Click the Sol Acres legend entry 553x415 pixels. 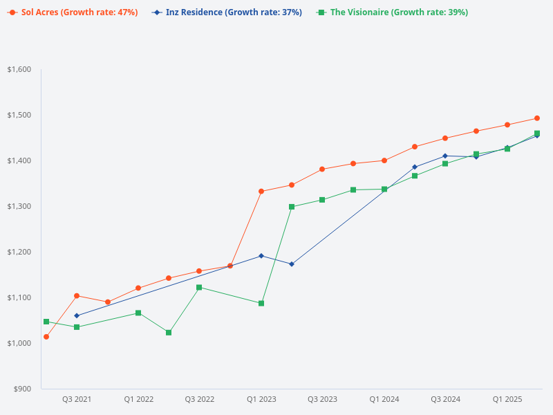73,12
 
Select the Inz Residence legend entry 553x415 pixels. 228,12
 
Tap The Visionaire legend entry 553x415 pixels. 392,12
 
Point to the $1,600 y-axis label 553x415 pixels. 19,69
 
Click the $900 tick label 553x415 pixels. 22,389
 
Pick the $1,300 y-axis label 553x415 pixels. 19,206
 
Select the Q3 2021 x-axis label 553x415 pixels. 77,400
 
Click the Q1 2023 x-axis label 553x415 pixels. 261,400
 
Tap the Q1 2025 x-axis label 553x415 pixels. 507,400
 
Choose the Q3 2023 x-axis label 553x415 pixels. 323,400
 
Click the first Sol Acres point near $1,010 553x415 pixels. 46,337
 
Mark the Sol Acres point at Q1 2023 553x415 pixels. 261,192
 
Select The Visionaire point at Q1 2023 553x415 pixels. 261,304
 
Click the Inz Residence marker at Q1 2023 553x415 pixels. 261,256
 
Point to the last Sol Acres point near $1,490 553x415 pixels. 537,118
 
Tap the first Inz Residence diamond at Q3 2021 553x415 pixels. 77,315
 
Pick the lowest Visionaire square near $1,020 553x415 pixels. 169,333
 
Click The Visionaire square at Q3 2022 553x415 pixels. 199,287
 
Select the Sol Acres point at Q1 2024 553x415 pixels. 384,160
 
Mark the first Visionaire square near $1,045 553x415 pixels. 46,322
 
